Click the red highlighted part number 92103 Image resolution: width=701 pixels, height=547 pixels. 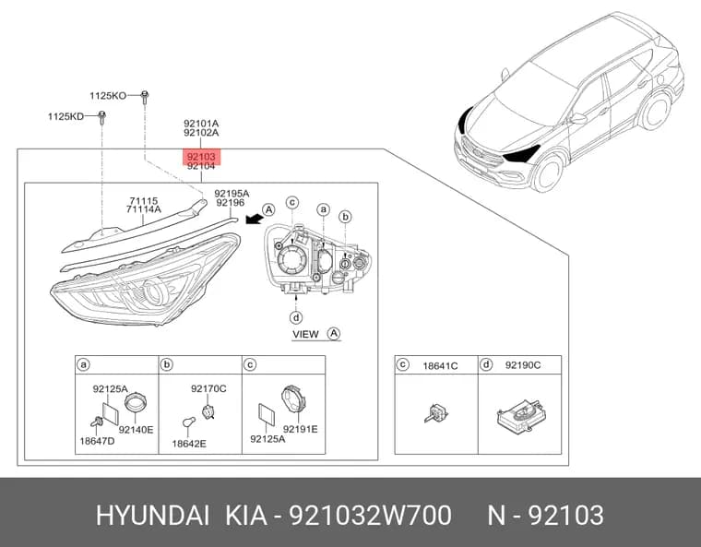pos(201,157)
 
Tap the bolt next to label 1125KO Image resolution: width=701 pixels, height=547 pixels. pos(145,97)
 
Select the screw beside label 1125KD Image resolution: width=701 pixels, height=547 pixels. pos(102,118)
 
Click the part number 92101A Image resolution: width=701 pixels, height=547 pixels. pos(201,123)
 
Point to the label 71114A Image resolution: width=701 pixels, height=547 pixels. pos(144,209)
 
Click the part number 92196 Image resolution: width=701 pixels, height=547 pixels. pos(231,203)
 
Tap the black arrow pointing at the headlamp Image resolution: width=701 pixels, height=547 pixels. pos(254,219)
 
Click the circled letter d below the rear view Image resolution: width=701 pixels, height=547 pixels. pos(296,317)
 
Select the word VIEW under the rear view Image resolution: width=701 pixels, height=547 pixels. pos(306,334)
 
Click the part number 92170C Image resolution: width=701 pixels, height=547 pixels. pos(208,388)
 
